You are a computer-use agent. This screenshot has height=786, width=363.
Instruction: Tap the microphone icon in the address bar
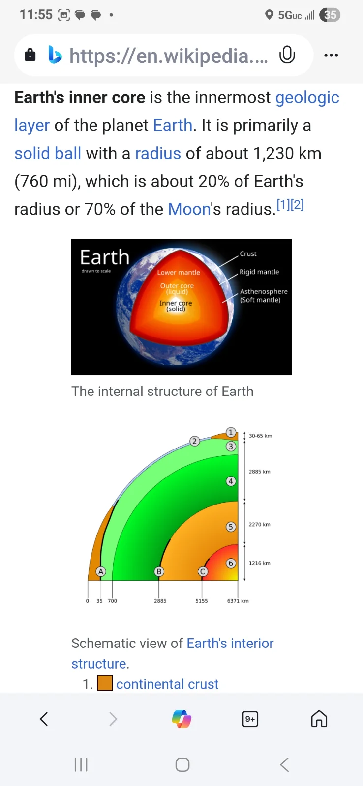287,55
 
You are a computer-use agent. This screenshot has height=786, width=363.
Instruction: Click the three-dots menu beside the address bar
331,55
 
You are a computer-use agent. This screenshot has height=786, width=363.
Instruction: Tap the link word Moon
189,209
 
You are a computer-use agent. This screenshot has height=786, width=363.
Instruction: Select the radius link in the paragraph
158,153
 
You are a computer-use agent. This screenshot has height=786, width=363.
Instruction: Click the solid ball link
48,153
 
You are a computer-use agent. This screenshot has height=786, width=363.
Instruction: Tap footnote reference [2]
297,204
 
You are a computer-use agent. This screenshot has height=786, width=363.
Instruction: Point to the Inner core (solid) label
176,306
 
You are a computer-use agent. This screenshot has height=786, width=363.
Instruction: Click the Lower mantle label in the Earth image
179,272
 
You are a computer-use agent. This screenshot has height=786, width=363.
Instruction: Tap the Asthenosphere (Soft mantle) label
264,295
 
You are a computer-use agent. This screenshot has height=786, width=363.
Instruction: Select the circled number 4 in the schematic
231,481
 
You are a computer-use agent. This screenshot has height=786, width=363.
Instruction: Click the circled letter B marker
159,572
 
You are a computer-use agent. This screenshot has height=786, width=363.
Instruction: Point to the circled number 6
231,563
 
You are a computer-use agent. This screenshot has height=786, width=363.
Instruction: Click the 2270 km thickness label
260,524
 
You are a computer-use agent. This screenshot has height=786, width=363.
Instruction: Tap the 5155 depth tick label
202,601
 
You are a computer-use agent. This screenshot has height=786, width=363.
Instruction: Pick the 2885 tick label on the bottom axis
160,601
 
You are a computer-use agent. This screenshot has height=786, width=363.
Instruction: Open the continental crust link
167,684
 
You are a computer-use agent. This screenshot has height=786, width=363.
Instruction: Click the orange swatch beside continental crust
105,683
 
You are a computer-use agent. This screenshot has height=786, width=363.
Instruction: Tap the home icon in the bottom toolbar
319,719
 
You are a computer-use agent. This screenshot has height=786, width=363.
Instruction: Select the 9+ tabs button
250,719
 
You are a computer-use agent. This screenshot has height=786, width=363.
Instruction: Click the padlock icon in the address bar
30,55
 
